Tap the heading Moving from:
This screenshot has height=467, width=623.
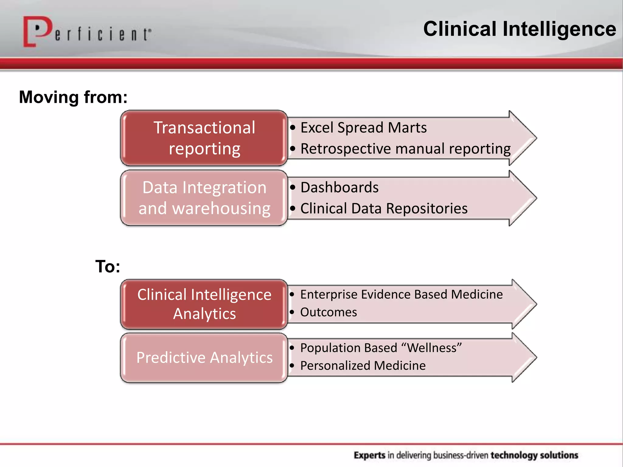[x=73, y=97]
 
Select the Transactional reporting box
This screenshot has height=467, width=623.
[x=204, y=138]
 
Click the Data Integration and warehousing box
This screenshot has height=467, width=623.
[x=204, y=198]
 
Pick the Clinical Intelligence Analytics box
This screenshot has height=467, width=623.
[x=204, y=304]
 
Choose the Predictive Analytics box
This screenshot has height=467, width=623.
[x=204, y=358]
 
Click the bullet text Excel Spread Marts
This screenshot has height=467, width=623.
[x=364, y=128]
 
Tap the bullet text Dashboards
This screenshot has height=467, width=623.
[x=339, y=187]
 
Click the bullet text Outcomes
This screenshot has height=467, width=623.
[x=329, y=312]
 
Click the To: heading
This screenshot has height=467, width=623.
[x=108, y=267]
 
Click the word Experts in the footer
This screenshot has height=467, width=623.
[x=369, y=455]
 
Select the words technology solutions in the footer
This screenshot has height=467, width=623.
[x=534, y=455]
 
